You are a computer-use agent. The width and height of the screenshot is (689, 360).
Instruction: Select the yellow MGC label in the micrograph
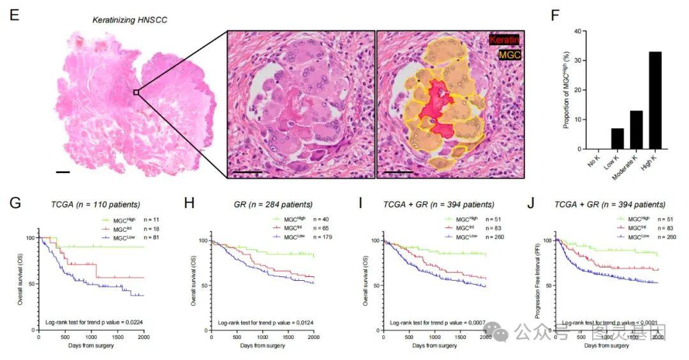(x=509, y=56)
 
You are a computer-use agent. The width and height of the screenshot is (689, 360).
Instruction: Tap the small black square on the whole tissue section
(x=136, y=93)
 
